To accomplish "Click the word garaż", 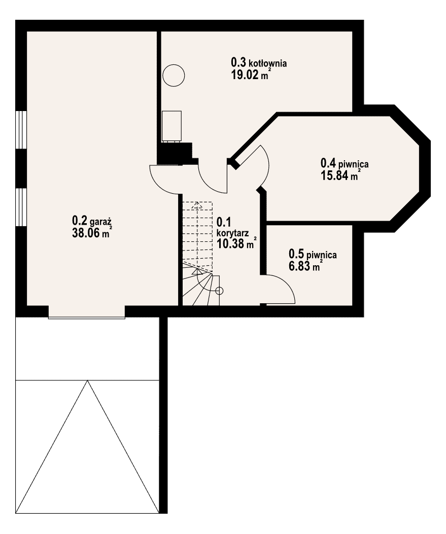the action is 101,223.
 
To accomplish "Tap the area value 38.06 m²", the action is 92,233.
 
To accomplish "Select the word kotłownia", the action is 267,63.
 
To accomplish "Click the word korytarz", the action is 232,233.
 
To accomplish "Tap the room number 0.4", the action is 328,163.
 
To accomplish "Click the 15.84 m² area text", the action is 341,175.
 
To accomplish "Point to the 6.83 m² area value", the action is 305,266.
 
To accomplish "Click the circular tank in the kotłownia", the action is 174,75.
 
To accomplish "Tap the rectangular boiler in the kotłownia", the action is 171,126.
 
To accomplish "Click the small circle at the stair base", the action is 219,291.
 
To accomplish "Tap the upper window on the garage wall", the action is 21,129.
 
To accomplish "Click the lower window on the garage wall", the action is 21,207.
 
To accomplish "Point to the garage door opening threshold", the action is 87,318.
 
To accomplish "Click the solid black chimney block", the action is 175,153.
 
